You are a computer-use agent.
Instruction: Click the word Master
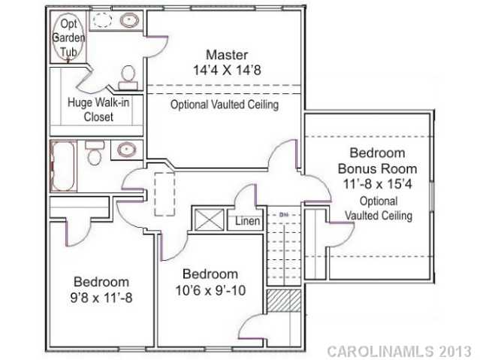tap(226, 55)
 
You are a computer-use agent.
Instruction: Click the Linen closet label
tap(247, 222)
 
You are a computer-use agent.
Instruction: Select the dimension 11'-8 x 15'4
tap(378, 183)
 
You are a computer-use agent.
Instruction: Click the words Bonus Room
tap(378, 168)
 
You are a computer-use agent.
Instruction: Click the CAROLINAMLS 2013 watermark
tap(399, 351)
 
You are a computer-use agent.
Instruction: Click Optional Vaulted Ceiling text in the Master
tap(225, 105)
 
